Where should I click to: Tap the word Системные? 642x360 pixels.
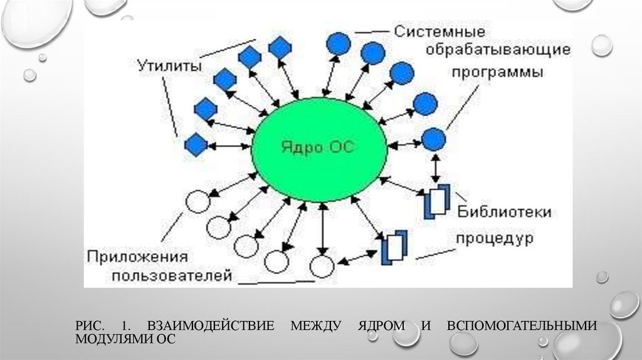[439, 31]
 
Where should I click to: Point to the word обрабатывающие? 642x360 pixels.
[499, 50]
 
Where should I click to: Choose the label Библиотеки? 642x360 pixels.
[505, 211]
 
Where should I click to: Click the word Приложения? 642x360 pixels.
[137, 256]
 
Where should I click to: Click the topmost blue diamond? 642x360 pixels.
[278, 47]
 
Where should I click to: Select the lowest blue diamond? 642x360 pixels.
[196, 145]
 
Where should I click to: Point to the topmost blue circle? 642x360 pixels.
[339, 43]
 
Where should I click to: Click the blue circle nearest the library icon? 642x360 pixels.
[433, 139]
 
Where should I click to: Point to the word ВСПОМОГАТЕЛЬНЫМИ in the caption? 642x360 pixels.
[522, 326]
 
